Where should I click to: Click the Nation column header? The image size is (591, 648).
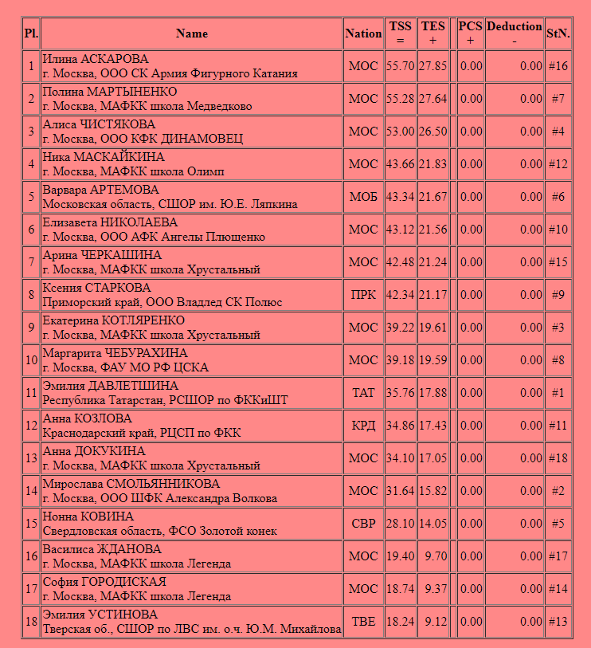tap(363, 33)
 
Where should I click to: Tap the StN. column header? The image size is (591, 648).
tap(558, 33)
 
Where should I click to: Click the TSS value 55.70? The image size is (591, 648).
tap(400, 66)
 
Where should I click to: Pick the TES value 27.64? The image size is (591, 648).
tap(433, 99)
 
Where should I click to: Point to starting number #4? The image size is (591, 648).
tap(558, 132)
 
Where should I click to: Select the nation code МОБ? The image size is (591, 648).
tap(363, 197)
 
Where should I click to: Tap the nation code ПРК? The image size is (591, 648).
tap(363, 295)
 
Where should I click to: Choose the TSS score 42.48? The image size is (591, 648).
tap(400, 262)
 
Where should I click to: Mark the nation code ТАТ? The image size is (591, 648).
tap(363, 393)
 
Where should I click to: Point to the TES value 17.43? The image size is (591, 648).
tap(433, 426)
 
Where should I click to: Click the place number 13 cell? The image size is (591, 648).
tap(31, 458)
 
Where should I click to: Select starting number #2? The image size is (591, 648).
tap(558, 491)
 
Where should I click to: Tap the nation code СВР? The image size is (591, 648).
tap(363, 524)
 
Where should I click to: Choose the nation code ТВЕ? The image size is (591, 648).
tap(363, 622)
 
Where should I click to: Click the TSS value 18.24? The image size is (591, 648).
tap(400, 622)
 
